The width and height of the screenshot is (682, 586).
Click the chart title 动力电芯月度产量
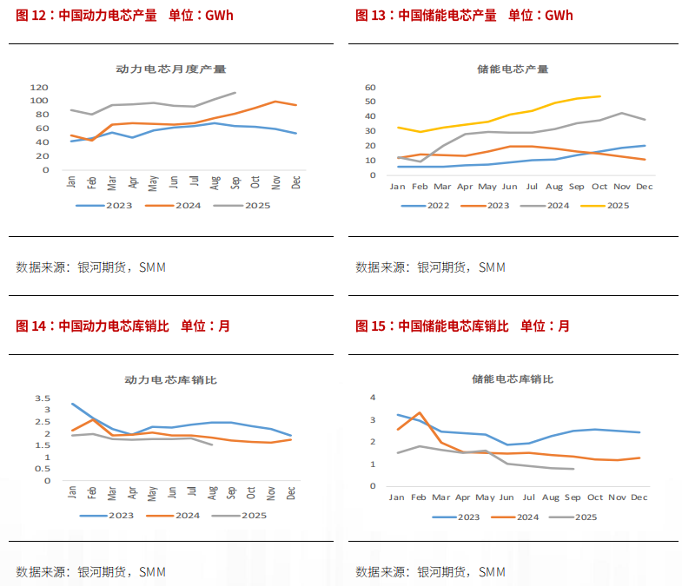pyautogui.click(x=170, y=69)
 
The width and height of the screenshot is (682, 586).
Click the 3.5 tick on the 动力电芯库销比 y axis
pyautogui.click(x=43, y=398)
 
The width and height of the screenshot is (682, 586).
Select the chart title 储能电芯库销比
pyautogui.click(x=513, y=379)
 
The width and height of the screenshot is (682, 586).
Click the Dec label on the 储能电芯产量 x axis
pyautogui.click(x=644, y=187)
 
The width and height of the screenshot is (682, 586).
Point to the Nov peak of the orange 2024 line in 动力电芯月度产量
pyautogui.click(x=275, y=102)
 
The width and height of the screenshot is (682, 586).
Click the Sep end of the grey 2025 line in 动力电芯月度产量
pyautogui.click(x=235, y=92)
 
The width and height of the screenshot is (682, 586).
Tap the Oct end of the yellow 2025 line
pyautogui.click(x=599, y=96)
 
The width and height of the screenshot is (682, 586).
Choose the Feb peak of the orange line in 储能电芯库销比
pyautogui.click(x=420, y=412)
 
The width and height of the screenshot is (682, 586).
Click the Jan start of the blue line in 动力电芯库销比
pyautogui.click(x=72, y=404)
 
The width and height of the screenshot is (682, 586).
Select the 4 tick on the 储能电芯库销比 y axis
pyautogui.click(x=372, y=398)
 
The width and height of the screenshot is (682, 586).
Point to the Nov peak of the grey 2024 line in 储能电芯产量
pyautogui.click(x=622, y=113)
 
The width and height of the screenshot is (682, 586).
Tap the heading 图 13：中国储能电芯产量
pyautogui.click(x=426, y=16)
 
